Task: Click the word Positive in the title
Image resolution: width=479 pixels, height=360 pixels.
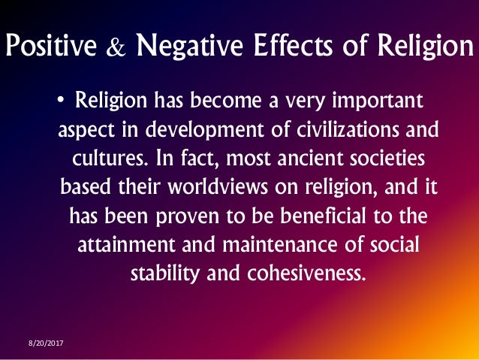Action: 51,47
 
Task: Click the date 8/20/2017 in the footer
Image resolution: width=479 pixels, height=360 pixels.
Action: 47,343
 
